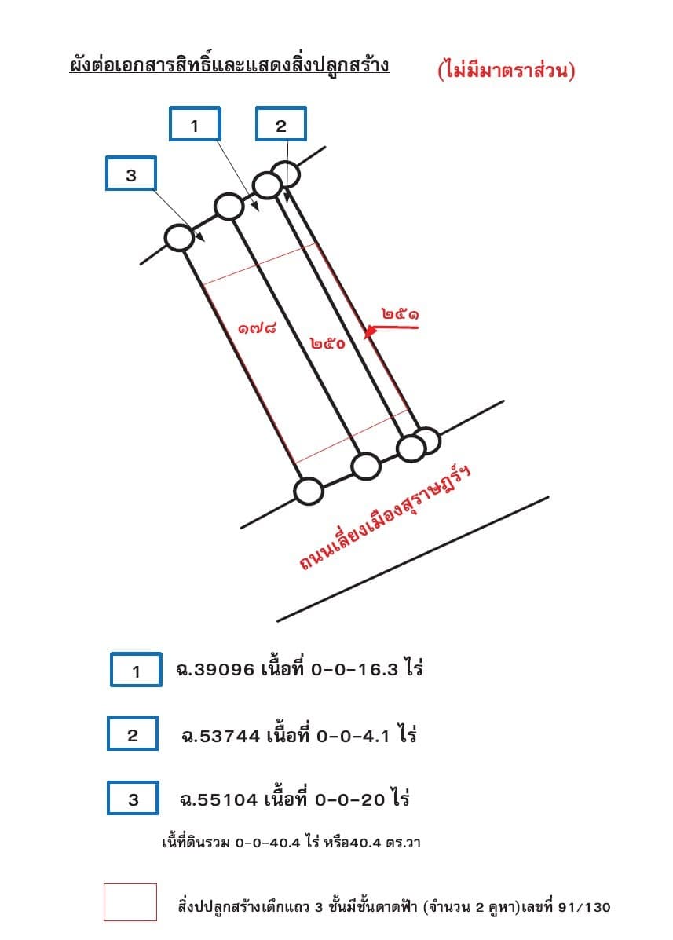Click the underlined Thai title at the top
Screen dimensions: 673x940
pos(229,64)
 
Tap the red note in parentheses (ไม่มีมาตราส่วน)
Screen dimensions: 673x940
pos(507,70)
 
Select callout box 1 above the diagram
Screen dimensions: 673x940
pos(195,124)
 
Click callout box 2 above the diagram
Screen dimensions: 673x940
pos(281,124)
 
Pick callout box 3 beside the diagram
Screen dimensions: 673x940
pos(131,174)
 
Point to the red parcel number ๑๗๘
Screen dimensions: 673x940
pos(257,328)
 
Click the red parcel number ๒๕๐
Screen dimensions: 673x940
pos(327,343)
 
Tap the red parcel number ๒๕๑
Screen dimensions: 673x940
pos(400,313)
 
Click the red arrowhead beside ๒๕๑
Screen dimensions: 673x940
pos(371,331)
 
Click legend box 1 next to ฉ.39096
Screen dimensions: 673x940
pos(136,670)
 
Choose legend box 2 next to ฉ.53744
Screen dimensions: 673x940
pos(133,733)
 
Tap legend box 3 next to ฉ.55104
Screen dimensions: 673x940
pos(133,798)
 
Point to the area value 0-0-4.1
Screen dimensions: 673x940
pos(353,736)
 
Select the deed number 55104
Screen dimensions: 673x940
pos(228,799)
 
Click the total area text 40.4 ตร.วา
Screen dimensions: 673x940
pos(386,843)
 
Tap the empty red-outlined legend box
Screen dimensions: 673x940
pos(130,902)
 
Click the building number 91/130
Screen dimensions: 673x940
pos(583,907)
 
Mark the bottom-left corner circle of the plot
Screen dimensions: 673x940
pos(309,491)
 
